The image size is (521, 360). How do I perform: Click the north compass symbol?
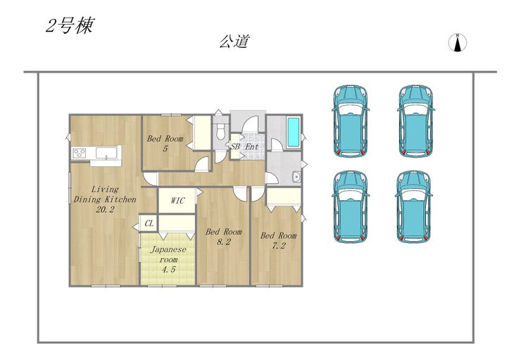(x=458, y=43)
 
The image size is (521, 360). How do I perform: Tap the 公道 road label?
(x=234, y=42)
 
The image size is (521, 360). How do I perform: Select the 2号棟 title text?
(x=70, y=25)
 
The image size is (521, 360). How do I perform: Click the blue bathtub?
(x=293, y=132)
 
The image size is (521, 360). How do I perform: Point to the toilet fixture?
(x=220, y=131)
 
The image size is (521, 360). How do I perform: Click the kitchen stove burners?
(x=79, y=153)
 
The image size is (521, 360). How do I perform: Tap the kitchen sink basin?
(x=106, y=153)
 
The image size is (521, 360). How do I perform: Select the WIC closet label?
(x=177, y=201)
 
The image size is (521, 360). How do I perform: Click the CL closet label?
(x=149, y=223)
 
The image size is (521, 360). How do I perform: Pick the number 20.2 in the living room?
(x=105, y=209)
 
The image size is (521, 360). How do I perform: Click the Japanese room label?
(x=168, y=259)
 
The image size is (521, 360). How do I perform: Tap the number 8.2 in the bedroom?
(x=224, y=242)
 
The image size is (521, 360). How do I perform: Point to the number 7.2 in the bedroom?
(x=278, y=246)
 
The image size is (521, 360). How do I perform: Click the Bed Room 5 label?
(x=165, y=143)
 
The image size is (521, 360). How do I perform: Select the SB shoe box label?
(x=235, y=147)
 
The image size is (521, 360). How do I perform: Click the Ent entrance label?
(x=252, y=147)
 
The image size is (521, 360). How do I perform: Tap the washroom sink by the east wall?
(x=296, y=177)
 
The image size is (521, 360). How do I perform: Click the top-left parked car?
(x=351, y=120)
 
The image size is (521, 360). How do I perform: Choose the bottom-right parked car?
(x=414, y=206)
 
